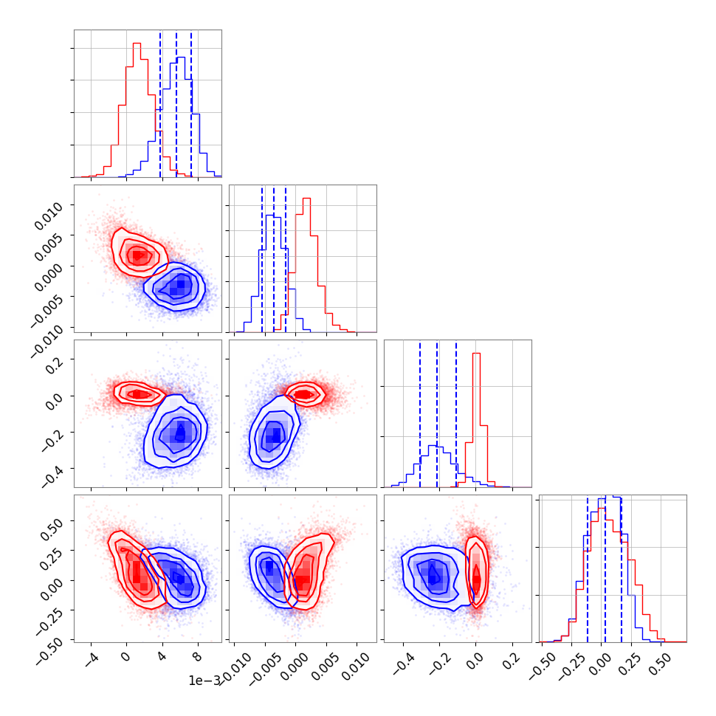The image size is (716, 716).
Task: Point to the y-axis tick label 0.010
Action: tap(49, 212)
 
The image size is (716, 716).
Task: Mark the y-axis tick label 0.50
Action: tap(52, 523)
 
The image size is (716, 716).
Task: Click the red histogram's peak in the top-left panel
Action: tap(137, 44)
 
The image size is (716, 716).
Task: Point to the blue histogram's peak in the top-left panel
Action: tap(180, 58)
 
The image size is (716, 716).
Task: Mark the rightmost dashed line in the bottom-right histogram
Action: tap(622, 568)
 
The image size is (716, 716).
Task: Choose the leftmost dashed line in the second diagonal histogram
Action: tap(262, 258)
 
